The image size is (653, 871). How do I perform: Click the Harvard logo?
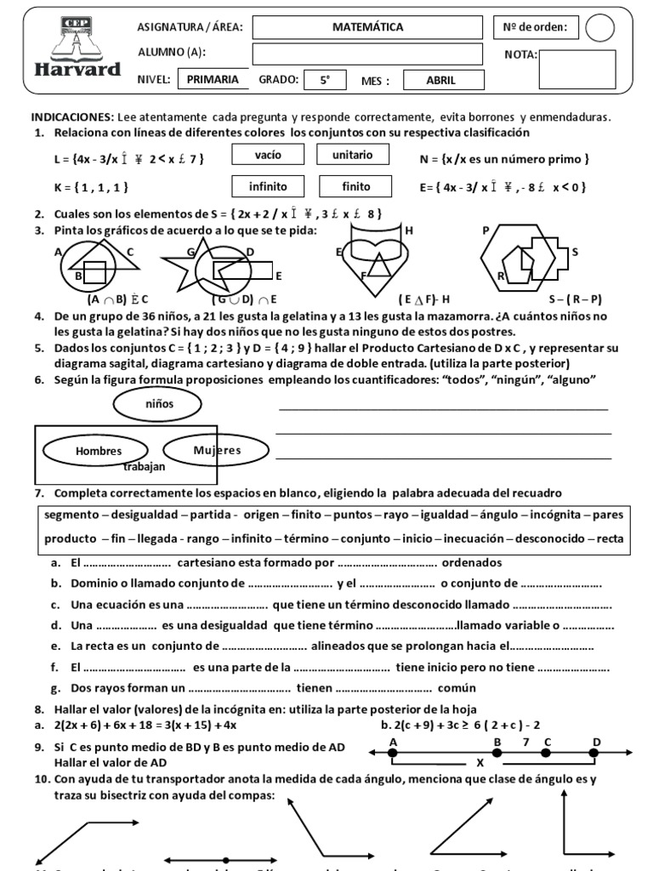point(77,49)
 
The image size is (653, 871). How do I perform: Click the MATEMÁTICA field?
point(367,27)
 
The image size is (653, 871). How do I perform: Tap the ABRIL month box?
point(441,81)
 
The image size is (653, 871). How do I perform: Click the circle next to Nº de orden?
point(599,28)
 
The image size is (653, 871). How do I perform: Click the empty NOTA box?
point(577,70)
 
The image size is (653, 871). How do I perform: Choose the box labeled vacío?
point(268,156)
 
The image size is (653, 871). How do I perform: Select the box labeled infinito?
point(268,186)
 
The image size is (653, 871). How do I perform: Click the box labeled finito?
point(355,186)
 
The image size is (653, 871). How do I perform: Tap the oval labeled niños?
point(159,405)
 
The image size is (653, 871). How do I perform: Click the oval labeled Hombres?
point(99,451)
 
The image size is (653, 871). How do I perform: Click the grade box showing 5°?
point(325,81)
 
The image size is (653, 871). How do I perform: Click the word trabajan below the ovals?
point(144,466)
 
